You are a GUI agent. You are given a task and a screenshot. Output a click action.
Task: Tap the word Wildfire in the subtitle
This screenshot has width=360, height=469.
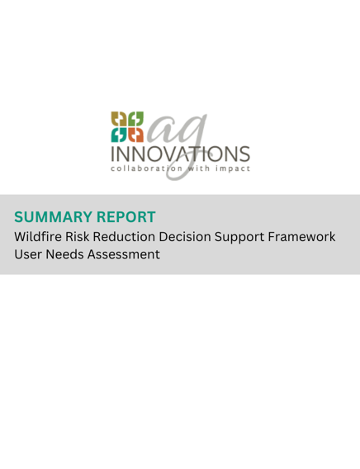click(x=38, y=237)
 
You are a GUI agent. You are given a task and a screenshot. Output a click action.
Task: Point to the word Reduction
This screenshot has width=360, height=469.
click(x=124, y=237)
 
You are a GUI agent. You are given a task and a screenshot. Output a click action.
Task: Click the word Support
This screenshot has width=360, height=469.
click(x=239, y=238)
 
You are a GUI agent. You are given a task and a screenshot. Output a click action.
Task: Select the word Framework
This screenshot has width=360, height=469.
click(x=301, y=237)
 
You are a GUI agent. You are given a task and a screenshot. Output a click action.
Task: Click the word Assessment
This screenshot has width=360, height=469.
click(x=124, y=254)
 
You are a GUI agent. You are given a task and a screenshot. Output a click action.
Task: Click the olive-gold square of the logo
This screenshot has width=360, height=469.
click(x=119, y=119)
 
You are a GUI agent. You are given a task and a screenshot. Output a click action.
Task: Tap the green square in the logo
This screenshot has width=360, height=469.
click(x=135, y=119)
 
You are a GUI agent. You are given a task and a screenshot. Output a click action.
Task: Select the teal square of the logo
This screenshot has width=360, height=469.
click(x=119, y=135)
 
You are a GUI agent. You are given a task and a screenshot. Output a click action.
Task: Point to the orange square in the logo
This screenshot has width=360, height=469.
click(x=135, y=135)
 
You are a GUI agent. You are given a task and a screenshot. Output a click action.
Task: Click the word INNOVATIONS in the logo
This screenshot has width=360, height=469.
click(x=180, y=154)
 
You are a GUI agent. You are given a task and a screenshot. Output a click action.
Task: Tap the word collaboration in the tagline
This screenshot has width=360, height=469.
click(x=146, y=168)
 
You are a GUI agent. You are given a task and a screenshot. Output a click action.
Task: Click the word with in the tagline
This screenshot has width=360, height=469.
click(x=199, y=168)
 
